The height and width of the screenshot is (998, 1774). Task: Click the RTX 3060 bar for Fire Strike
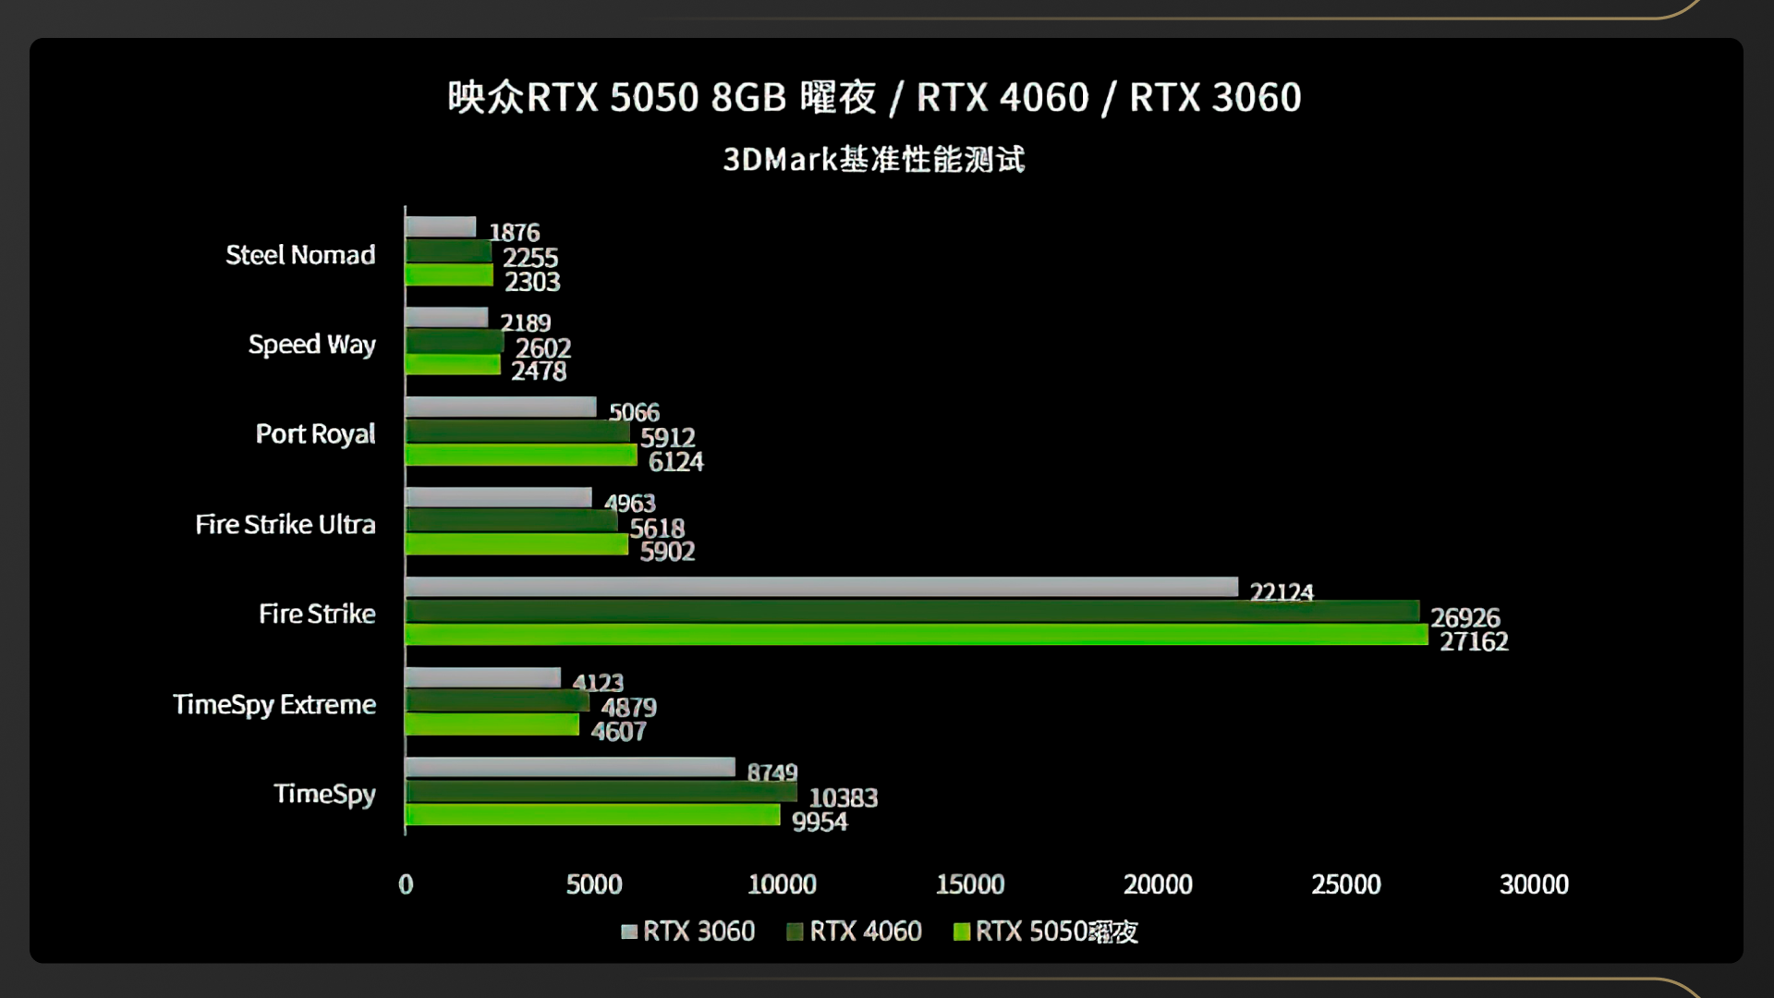pyautogui.click(x=821, y=587)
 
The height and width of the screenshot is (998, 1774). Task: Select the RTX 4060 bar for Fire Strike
pyautogui.click(x=912, y=611)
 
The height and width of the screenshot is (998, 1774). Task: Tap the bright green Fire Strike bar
pyautogui.click(x=917, y=635)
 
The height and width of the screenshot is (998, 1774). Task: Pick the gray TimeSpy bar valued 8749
pyautogui.click(x=570, y=767)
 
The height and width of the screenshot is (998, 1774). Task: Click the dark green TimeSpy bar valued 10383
pyautogui.click(x=601, y=792)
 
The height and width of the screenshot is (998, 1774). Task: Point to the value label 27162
pyautogui.click(x=1474, y=641)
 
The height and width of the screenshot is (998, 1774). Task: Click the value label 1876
pyautogui.click(x=515, y=232)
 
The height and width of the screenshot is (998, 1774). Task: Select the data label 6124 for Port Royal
pyautogui.click(x=675, y=461)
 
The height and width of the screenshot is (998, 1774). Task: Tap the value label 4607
pyautogui.click(x=618, y=732)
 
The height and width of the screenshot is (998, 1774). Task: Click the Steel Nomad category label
pyautogui.click(x=300, y=255)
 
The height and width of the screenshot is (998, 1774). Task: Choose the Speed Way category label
pyautogui.click(x=311, y=345)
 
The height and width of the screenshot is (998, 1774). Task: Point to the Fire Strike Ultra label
pyautogui.click(x=286, y=525)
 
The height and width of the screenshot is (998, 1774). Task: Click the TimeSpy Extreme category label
pyautogui.click(x=274, y=704)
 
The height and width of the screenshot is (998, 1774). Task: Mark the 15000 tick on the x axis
pyautogui.click(x=970, y=884)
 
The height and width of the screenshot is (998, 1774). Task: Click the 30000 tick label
pyautogui.click(x=1534, y=884)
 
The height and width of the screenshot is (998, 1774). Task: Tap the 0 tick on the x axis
pyautogui.click(x=406, y=884)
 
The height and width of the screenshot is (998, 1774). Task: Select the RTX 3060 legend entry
pyautogui.click(x=688, y=931)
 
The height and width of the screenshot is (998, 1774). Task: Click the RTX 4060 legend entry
pyautogui.click(x=855, y=931)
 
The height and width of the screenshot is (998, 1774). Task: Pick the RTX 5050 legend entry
pyautogui.click(x=1046, y=931)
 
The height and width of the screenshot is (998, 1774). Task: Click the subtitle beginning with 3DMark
pyautogui.click(x=874, y=160)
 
